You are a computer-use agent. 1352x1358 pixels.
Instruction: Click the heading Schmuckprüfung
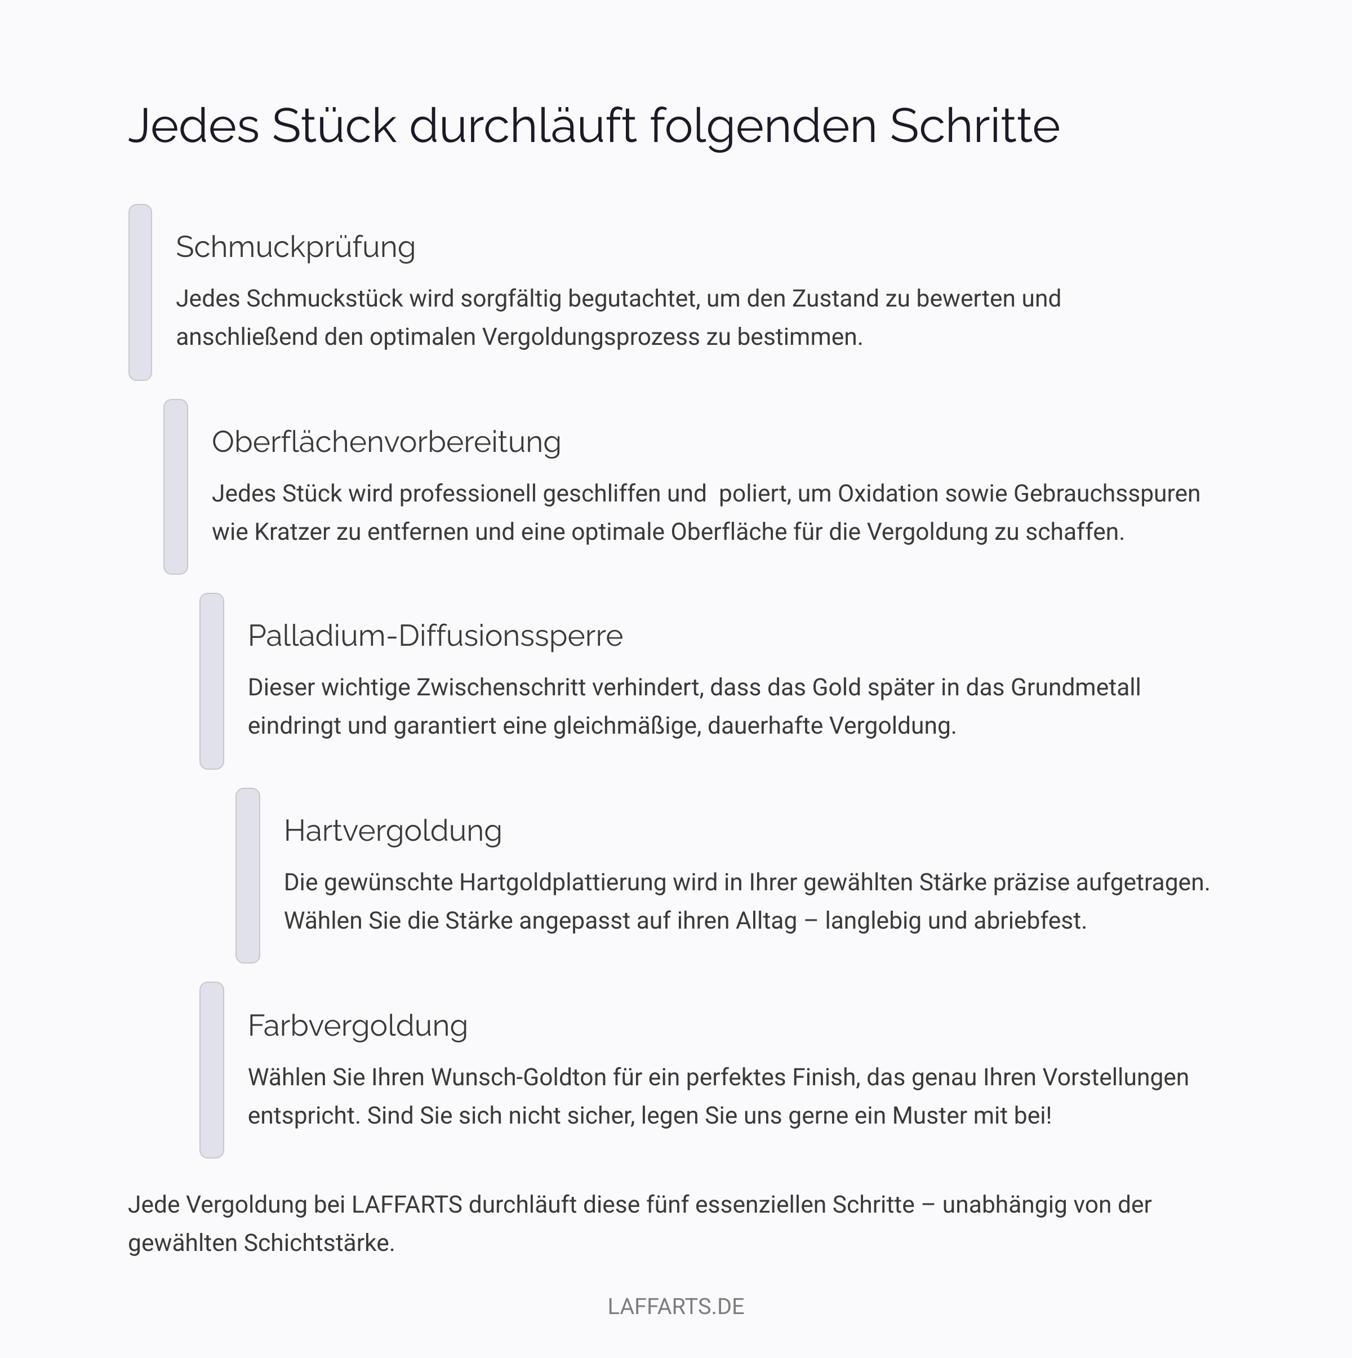(295, 247)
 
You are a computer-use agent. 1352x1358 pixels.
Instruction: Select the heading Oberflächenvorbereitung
(386, 442)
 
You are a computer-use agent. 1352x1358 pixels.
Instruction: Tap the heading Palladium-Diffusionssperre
(435, 636)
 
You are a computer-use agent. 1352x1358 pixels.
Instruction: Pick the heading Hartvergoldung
(392, 831)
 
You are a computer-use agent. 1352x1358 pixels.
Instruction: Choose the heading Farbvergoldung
(357, 1026)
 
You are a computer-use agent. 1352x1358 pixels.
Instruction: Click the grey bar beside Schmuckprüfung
(140, 292)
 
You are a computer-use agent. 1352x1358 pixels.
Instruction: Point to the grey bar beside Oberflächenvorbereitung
(176, 487)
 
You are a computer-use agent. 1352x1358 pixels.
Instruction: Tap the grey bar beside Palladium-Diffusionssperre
(211, 681)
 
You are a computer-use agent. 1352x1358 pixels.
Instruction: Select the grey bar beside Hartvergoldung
(247, 876)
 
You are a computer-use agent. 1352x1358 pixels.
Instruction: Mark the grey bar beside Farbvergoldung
(211, 1070)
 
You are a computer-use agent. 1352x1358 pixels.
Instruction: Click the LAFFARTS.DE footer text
(675, 1306)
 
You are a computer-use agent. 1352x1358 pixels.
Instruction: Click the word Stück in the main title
(334, 127)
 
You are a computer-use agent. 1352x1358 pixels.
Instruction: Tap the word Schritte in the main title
(975, 127)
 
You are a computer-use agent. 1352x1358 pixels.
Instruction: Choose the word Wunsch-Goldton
(518, 1077)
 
